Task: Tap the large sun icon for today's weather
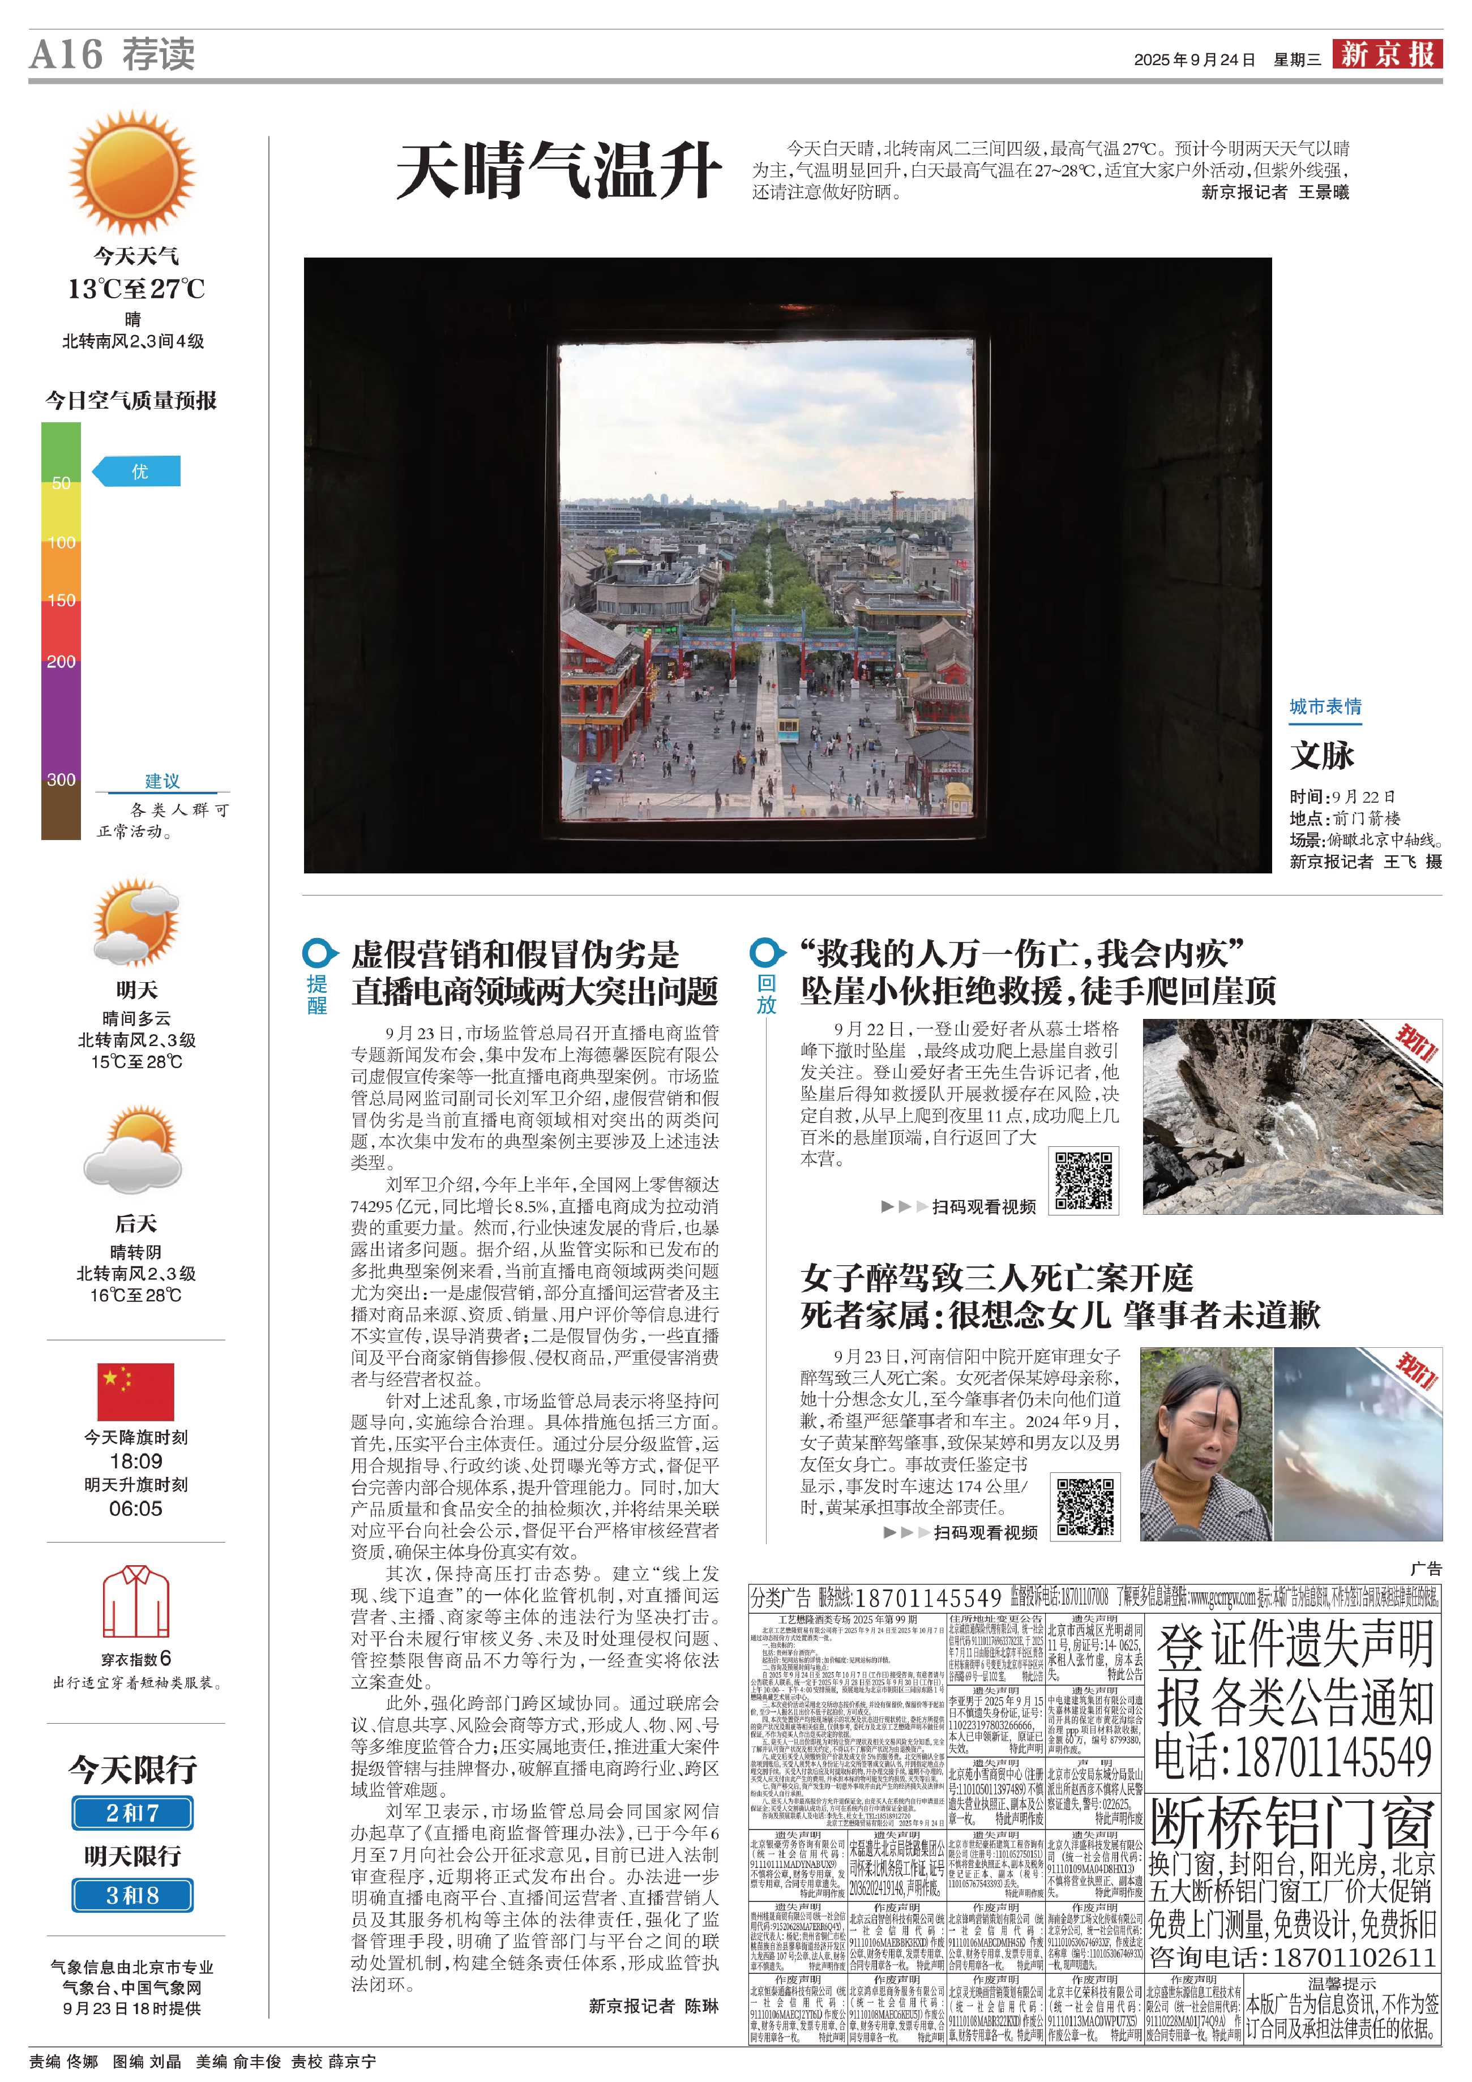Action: click(x=132, y=172)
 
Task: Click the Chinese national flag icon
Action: click(x=135, y=1391)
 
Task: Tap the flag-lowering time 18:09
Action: click(x=136, y=1462)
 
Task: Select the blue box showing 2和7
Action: click(x=132, y=1813)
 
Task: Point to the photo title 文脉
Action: click(x=1323, y=755)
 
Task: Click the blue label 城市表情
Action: click(x=1325, y=706)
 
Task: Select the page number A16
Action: click(x=65, y=54)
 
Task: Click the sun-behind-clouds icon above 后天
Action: click(x=132, y=1149)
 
